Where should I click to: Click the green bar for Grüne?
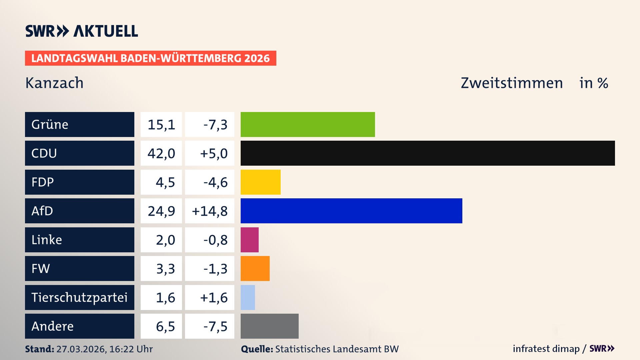308,124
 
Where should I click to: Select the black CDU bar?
428,153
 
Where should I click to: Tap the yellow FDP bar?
260,182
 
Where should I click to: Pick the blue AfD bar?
351,211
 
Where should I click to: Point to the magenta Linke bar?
249,240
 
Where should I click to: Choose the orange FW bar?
255,268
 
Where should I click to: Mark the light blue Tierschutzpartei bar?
248,297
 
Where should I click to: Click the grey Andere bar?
269,326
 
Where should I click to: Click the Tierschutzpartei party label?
79,297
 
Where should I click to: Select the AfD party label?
42,211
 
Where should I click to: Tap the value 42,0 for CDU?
161,153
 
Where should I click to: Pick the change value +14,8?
210,211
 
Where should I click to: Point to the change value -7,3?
215,125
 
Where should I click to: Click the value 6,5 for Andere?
165,326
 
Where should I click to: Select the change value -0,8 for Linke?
215,240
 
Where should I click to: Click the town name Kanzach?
54,83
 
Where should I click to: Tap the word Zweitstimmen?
512,83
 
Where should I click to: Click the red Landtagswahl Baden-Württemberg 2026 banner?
150,58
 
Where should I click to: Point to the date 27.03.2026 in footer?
81,349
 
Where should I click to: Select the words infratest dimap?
546,349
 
